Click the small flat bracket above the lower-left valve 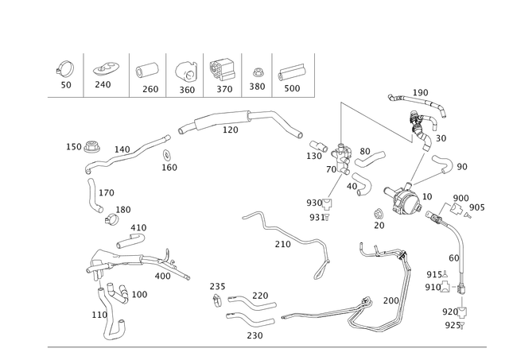point(134,234)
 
